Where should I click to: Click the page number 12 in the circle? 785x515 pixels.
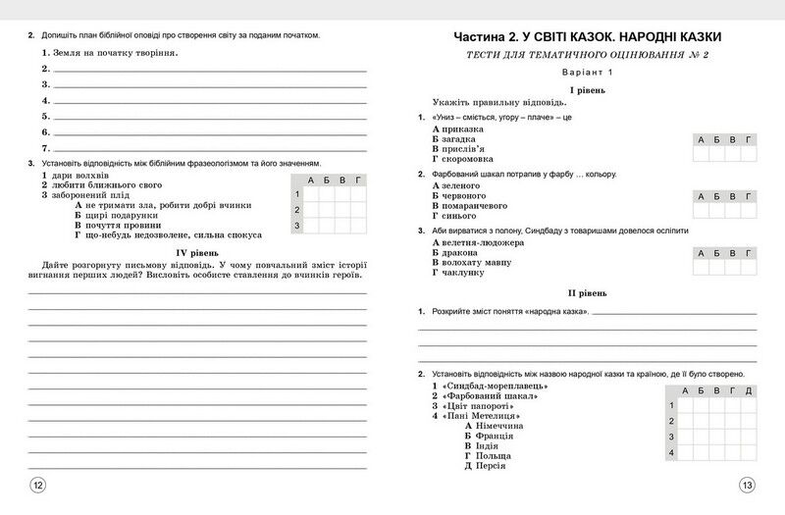38,485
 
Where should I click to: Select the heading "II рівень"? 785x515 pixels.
587,292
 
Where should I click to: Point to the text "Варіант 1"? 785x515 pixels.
587,74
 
